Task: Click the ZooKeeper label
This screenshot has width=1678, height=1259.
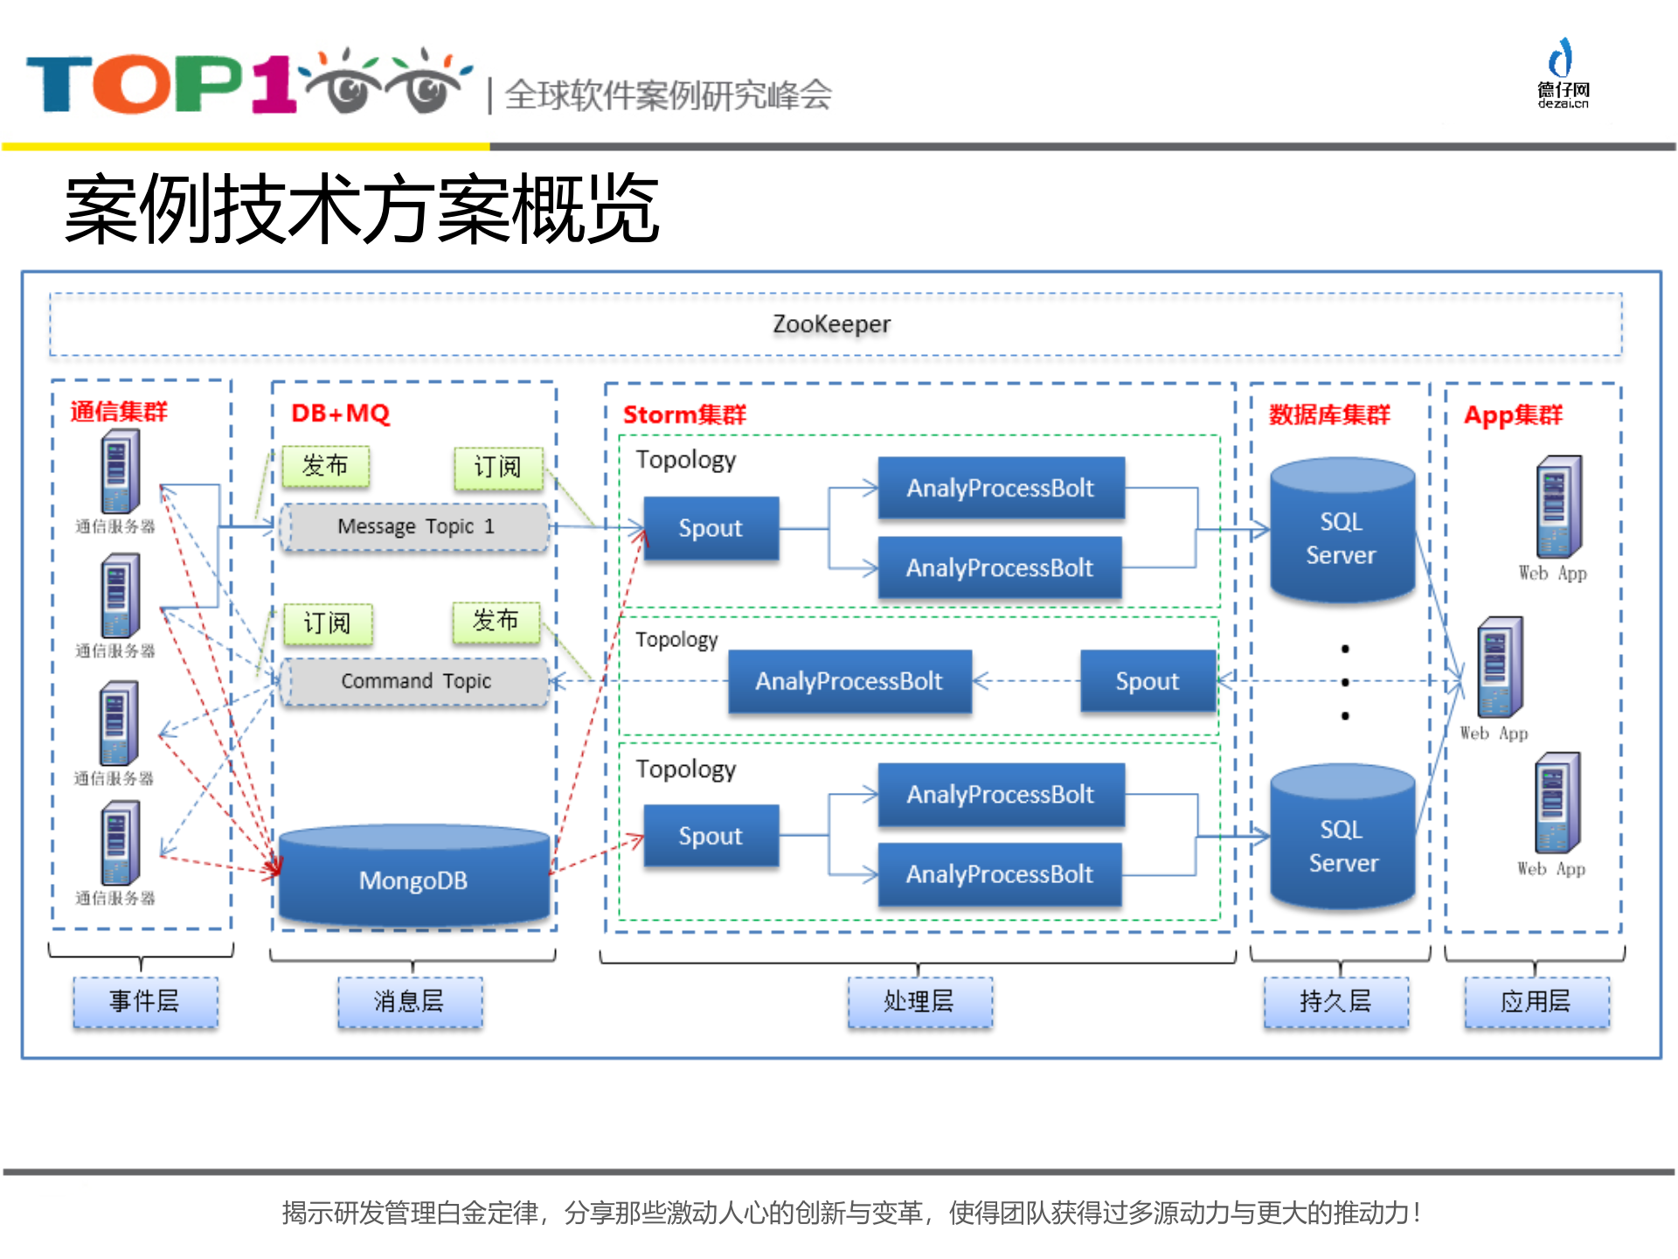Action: [x=831, y=324]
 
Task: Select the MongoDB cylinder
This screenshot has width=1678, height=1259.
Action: [x=413, y=877]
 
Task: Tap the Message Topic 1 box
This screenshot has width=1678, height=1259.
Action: [x=415, y=526]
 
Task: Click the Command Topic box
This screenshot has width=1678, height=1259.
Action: [x=415, y=681]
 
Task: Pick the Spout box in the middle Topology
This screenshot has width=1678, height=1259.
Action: [x=1147, y=681]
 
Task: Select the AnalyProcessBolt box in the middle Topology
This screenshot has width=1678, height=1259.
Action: [x=849, y=681]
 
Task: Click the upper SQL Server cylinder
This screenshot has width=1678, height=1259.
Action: [x=1342, y=532]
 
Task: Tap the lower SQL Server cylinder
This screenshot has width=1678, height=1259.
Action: [x=1342, y=841]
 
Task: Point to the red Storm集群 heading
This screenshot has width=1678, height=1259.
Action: [x=684, y=414]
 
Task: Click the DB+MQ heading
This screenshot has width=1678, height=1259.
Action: [x=340, y=413]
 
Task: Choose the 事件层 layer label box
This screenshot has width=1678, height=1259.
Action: [x=145, y=1001]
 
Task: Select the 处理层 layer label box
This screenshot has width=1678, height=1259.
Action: [x=919, y=1001]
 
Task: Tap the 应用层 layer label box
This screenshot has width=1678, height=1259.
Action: [x=1536, y=1001]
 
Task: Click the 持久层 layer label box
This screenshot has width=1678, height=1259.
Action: [x=1335, y=1001]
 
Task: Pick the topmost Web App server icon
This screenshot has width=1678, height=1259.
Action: [x=1558, y=507]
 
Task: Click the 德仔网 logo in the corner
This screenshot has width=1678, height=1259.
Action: [x=1563, y=73]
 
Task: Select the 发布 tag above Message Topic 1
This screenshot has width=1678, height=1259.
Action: [x=325, y=466]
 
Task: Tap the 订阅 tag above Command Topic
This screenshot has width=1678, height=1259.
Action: [x=327, y=623]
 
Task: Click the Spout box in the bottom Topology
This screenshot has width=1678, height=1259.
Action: [x=711, y=836]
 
